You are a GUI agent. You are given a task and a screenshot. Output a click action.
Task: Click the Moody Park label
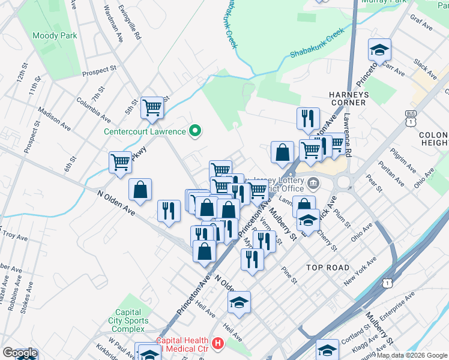pyautogui.click(x=55, y=36)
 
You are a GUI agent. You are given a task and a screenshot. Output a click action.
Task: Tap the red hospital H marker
pyautogui.click(x=217, y=344)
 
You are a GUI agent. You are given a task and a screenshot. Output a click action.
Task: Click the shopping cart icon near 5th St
pyautogui.click(x=152, y=108)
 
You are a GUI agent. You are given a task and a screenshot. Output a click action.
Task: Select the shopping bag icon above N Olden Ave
pyautogui.click(x=140, y=190)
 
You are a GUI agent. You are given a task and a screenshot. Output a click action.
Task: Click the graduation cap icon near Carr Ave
pyautogui.click(x=379, y=49)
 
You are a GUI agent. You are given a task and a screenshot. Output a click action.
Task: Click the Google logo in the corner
pyautogui.click(x=20, y=353)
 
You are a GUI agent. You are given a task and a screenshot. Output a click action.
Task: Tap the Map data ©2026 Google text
pyautogui.click(x=411, y=355)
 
